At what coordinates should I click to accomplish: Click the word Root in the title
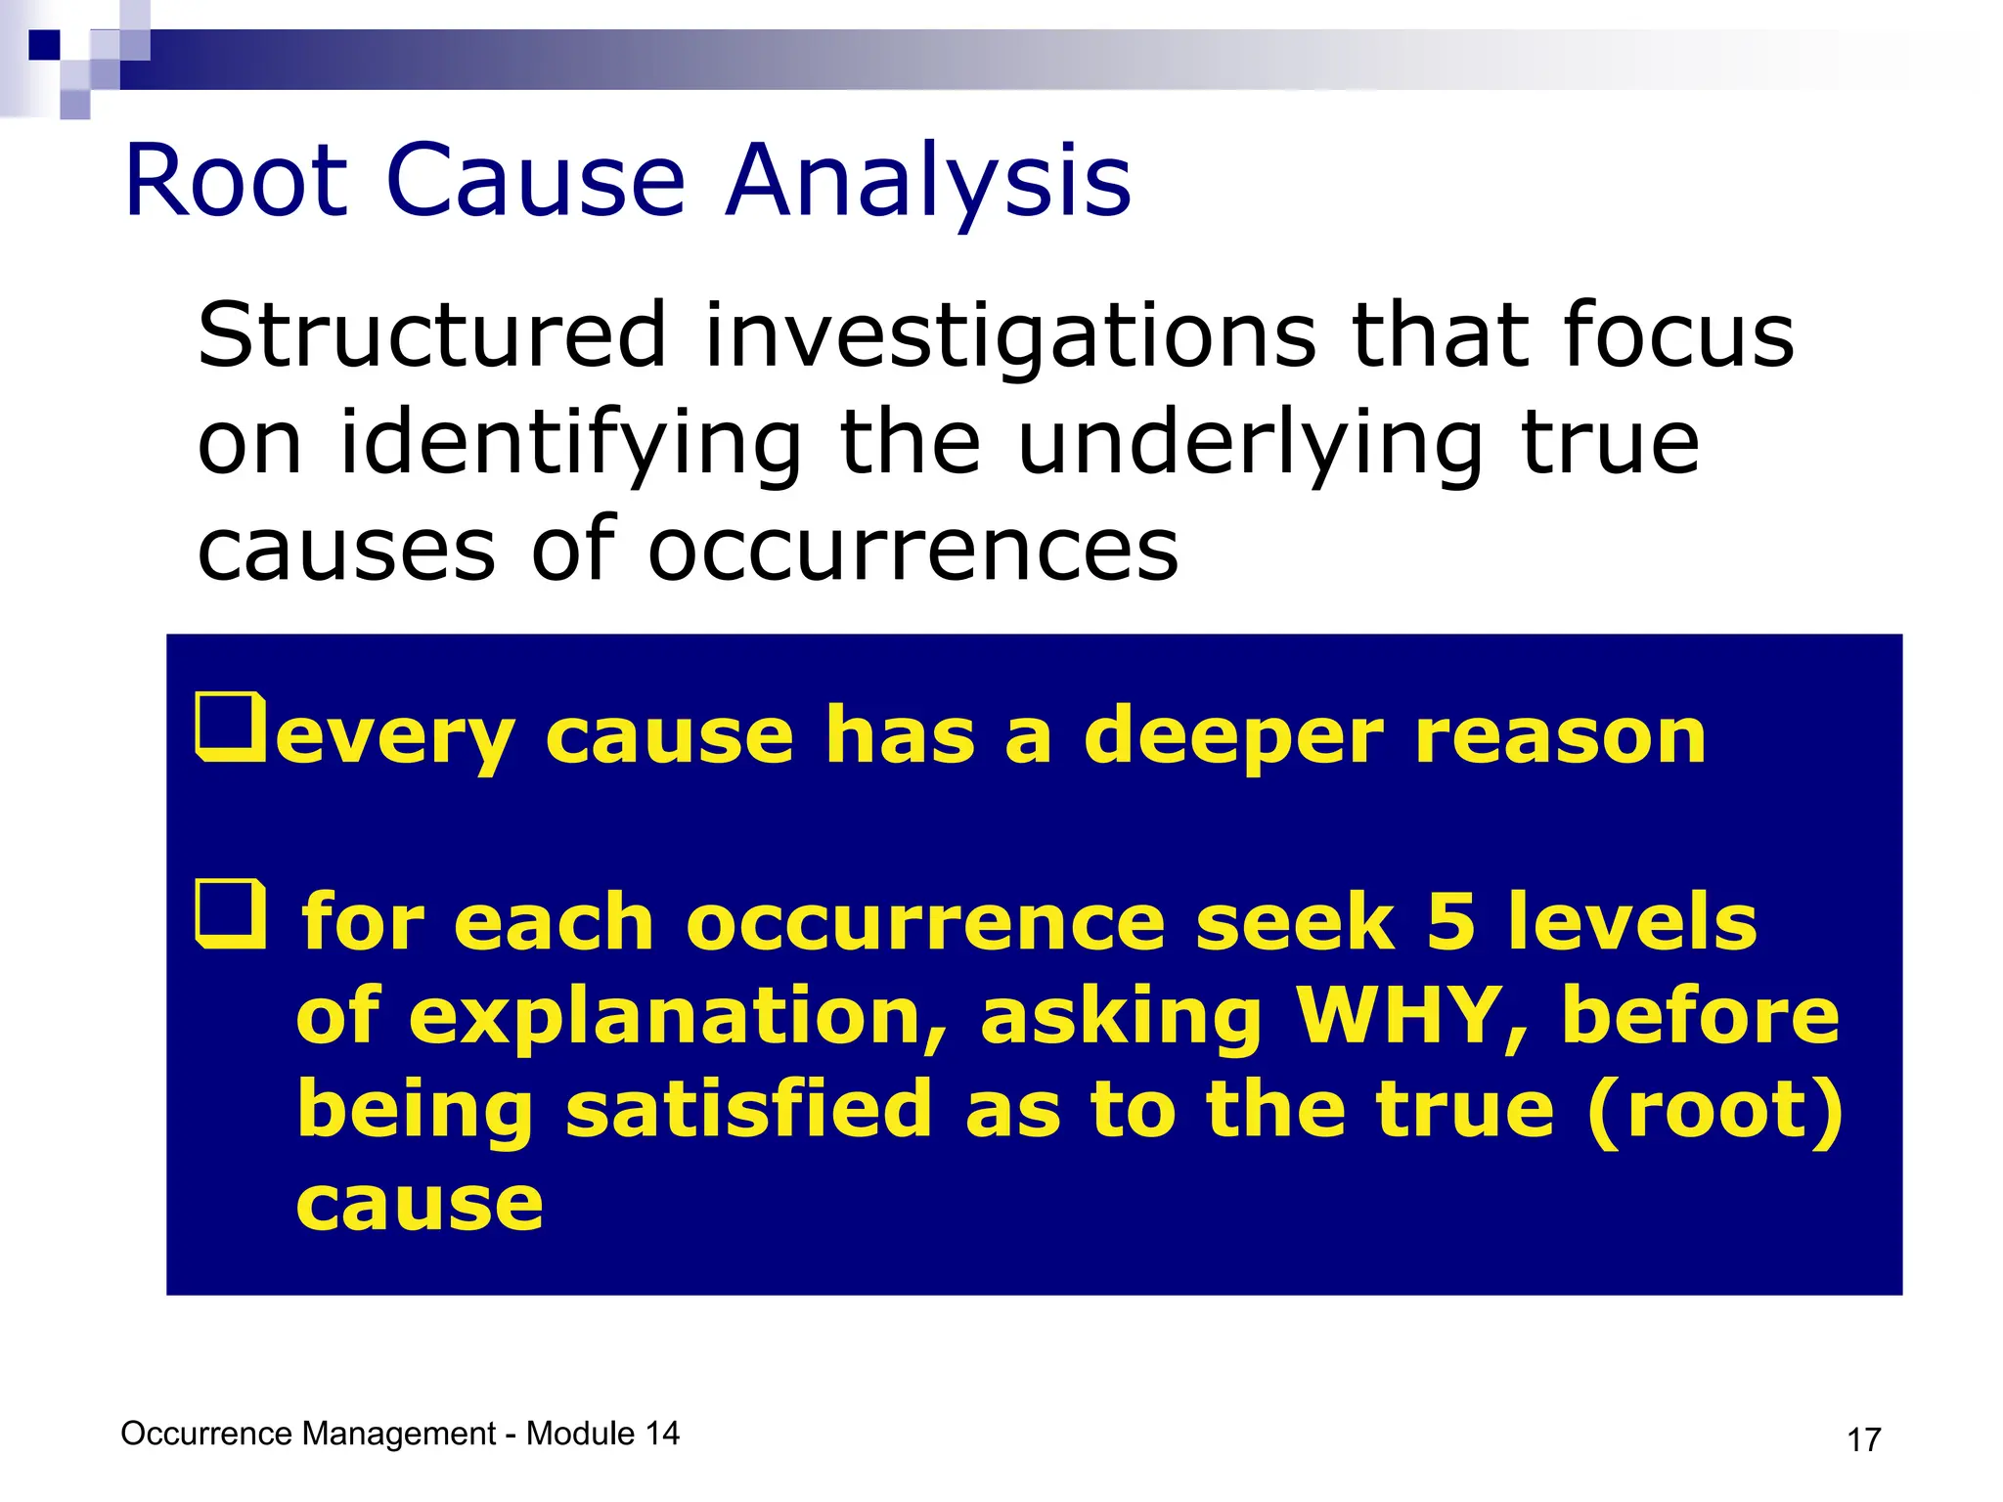pos(236,181)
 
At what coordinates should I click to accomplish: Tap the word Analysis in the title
pos(928,181)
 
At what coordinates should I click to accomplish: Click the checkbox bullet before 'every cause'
pos(231,727)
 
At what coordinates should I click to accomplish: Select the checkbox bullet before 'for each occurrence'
pos(231,914)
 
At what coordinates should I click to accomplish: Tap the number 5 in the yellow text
pos(1450,921)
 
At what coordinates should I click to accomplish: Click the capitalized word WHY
pos(1398,1015)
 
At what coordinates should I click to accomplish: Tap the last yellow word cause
pos(420,1203)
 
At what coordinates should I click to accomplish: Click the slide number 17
pos(1863,1439)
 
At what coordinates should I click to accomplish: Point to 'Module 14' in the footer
pos(602,1434)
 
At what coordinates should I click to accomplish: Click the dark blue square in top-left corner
pos(44,45)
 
